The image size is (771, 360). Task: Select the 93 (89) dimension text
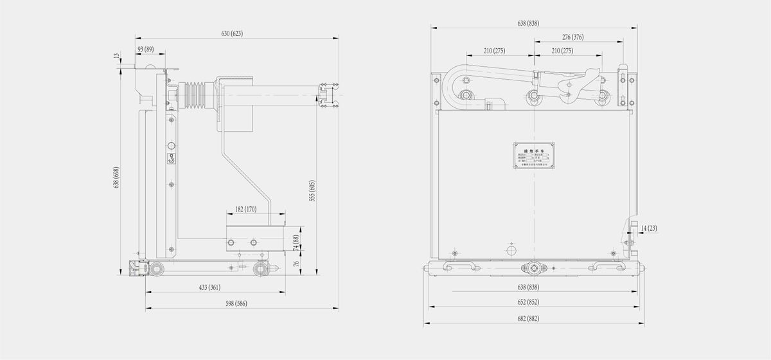pos(145,50)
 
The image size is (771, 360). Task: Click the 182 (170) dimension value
pos(245,210)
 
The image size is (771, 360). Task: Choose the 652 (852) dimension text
pos(528,302)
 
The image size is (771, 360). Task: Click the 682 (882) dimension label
pos(528,318)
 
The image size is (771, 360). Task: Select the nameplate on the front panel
pos(535,155)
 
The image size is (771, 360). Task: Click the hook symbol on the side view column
pos(171,159)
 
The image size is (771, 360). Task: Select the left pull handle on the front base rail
pos(457,266)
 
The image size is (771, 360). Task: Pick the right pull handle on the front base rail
pos(606,266)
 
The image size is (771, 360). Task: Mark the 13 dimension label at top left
pos(116,57)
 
